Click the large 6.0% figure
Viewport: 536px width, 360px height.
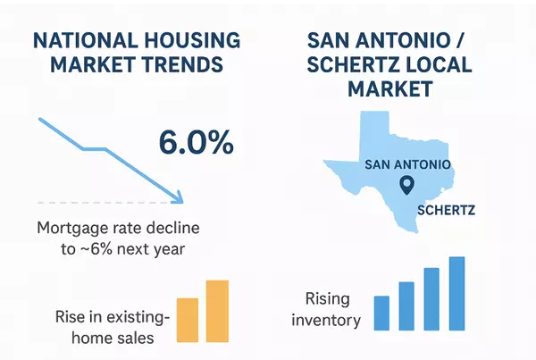point(195,143)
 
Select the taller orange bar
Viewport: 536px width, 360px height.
point(217,311)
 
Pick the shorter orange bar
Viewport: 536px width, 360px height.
point(188,320)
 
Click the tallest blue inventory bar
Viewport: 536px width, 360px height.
point(456,293)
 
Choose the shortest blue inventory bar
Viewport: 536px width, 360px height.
point(381,313)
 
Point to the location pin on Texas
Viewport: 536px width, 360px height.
point(406,186)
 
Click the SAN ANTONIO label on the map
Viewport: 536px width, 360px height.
point(407,165)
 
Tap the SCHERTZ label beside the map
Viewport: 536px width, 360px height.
point(446,211)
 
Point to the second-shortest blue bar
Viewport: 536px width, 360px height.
point(406,306)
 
